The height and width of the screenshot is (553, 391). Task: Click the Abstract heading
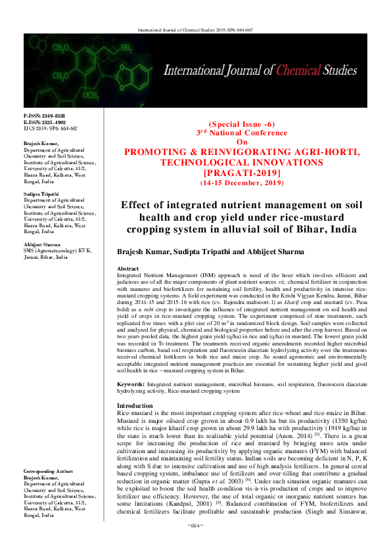[x=127, y=269]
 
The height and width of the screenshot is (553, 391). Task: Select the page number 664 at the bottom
[x=195, y=544]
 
